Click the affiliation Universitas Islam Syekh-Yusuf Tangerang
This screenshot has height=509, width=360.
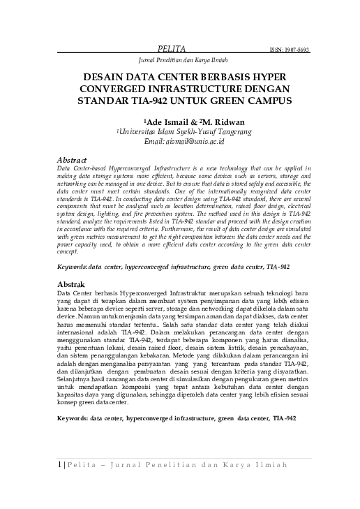(x=184, y=131)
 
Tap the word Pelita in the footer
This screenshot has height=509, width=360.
(x=84, y=484)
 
